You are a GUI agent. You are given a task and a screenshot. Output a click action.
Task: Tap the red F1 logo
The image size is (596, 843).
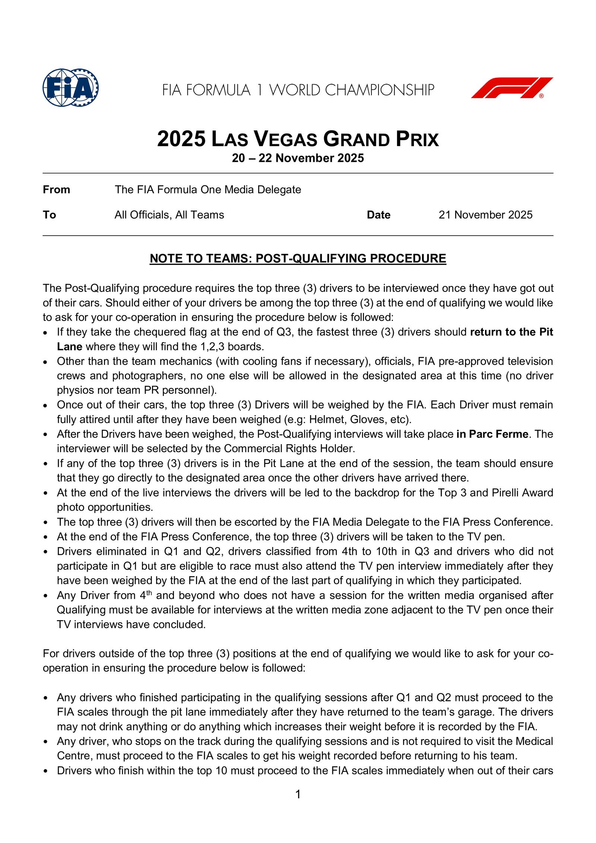[512, 88]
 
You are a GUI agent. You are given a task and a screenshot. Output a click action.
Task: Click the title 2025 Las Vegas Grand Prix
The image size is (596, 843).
[298, 139]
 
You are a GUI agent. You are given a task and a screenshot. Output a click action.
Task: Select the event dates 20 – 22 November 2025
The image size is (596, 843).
[298, 158]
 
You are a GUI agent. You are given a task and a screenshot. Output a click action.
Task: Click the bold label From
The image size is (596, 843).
[57, 190]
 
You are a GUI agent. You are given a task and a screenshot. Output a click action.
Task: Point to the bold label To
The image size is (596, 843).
[49, 215]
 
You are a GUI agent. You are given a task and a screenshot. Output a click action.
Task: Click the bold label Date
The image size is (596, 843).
[378, 215]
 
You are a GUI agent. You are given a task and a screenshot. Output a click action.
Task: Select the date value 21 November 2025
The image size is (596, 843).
[485, 215]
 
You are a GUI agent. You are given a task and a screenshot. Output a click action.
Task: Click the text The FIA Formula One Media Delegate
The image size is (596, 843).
[207, 190]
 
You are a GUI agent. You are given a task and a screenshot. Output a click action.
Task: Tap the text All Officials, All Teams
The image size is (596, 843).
[169, 215]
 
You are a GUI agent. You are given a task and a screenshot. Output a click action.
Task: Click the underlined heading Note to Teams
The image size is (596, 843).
[298, 259]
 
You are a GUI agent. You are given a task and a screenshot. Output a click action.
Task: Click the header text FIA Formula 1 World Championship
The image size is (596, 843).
[298, 90]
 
